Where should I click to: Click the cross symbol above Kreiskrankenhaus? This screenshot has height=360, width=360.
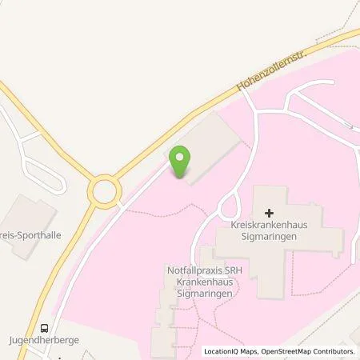(x=269, y=213)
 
